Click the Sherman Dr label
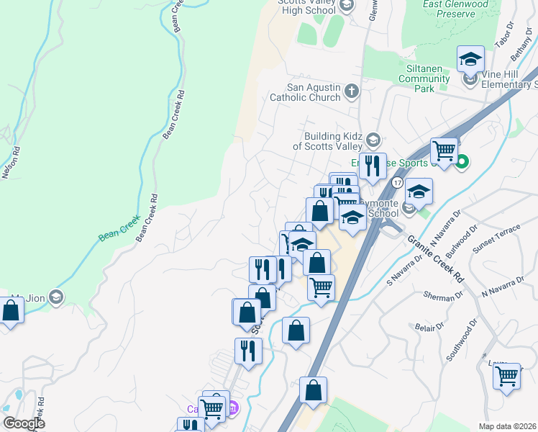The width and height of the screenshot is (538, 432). click(443, 295)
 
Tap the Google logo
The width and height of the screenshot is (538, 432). click(24, 423)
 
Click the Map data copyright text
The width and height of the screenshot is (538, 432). click(507, 426)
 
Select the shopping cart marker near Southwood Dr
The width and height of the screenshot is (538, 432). click(507, 376)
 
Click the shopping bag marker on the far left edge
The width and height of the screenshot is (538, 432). click(10, 312)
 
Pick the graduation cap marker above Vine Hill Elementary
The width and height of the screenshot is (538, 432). click(470, 59)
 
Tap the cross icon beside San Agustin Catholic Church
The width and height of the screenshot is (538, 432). click(351, 91)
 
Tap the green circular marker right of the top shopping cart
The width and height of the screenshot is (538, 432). click(462, 162)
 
